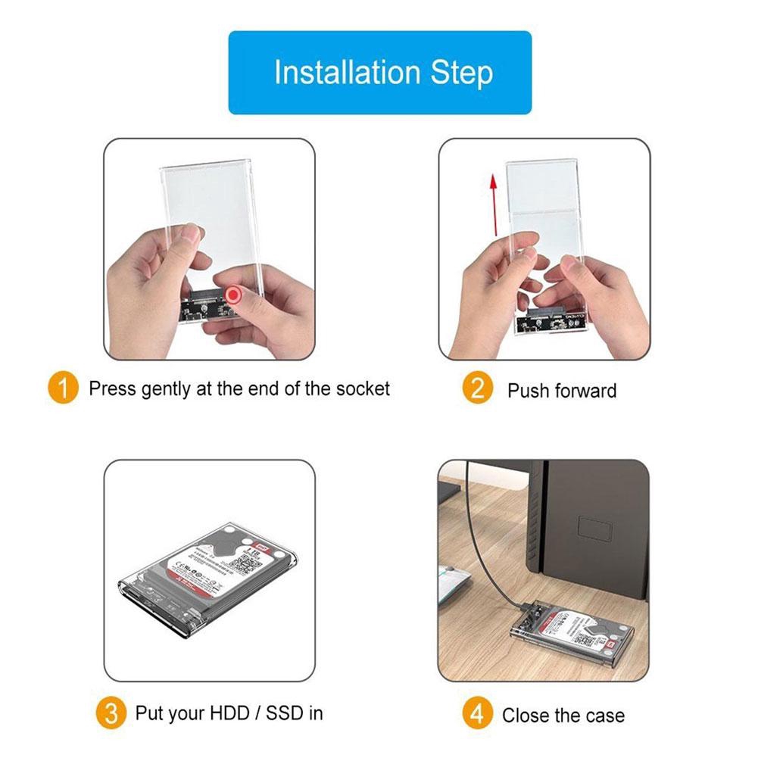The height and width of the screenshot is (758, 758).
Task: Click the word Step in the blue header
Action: (462, 73)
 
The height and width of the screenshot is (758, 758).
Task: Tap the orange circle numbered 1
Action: (63, 389)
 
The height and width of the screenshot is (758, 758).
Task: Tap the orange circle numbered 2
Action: (477, 389)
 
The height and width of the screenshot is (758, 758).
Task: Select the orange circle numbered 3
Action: (111, 713)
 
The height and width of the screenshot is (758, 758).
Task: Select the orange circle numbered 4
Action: (477, 714)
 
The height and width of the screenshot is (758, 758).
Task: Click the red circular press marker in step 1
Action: (235, 295)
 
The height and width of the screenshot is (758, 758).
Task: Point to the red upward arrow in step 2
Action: (492, 203)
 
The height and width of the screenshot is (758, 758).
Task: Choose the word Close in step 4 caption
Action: (529, 715)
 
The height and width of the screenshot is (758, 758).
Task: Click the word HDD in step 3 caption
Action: (232, 713)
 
